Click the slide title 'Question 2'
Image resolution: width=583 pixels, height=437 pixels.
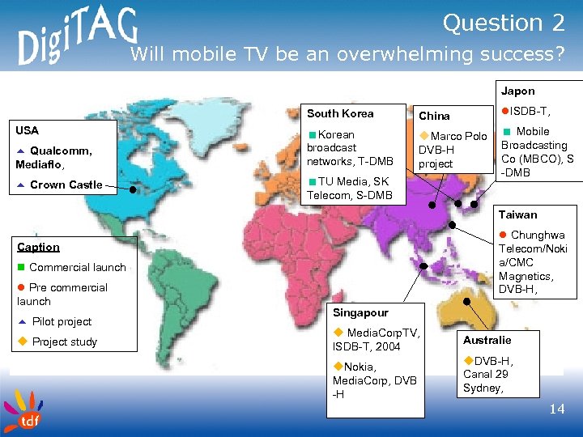[x=503, y=23]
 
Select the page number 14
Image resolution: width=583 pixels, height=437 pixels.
[x=556, y=409]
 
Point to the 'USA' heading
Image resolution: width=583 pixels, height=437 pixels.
[x=28, y=129]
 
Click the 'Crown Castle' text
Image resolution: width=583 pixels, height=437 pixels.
[x=66, y=185]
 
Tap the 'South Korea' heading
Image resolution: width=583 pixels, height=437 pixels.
[x=340, y=113]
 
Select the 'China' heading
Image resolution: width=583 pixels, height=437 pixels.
[x=434, y=116]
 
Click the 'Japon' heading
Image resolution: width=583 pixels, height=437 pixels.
[x=517, y=91]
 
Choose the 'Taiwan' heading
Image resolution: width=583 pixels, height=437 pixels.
[x=517, y=214]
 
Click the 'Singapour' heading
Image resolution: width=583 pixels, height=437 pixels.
[x=360, y=312]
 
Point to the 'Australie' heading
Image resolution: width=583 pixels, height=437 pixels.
[x=487, y=340]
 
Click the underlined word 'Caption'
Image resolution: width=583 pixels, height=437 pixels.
[x=39, y=247]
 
